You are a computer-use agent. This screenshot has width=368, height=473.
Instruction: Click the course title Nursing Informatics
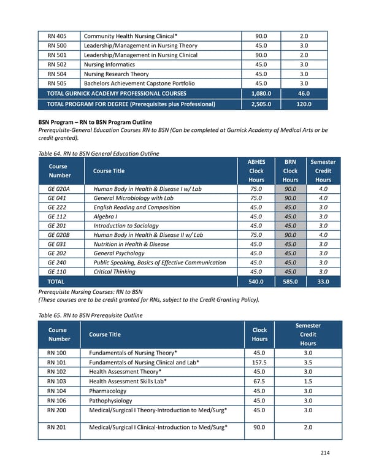point(116,64)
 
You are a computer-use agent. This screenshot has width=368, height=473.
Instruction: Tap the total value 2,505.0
point(261,104)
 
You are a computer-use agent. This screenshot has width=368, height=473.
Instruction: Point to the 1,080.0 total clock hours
point(261,94)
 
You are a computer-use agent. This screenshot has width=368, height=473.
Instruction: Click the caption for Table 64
point(98,153)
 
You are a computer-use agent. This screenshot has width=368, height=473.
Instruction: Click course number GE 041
point(58,198)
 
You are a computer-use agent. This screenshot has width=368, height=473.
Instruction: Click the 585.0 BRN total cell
point(290,282)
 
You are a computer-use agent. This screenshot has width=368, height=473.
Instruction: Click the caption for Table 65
point(90,315)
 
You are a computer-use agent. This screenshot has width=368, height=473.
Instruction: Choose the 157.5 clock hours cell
point(259,363)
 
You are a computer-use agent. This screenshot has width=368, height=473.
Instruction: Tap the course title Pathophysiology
point(110,401)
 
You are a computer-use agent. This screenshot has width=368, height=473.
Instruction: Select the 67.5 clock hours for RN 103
point(259,381)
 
